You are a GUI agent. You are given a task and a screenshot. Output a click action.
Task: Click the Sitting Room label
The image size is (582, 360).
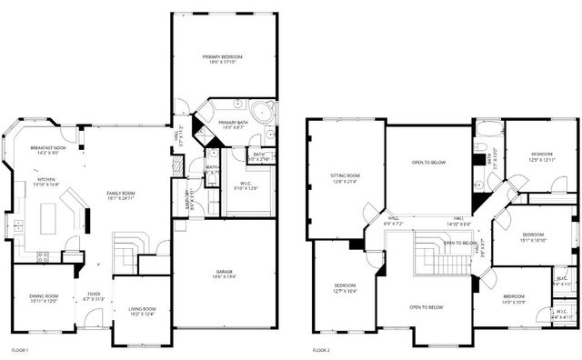pyautogui.click(x=345, y=178)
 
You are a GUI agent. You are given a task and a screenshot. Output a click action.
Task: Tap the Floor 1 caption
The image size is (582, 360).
pyautogui.click(x=19, y=350)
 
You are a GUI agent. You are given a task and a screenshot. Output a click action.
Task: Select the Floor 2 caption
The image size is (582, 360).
pyautogui.click(x=321, y=350)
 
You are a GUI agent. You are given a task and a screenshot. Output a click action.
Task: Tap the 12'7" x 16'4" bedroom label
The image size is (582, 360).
pyautogui.click(x=345, y=289)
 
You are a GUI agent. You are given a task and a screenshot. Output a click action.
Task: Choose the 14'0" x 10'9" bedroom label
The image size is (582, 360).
pyautogui.click(x=514, y=299)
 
